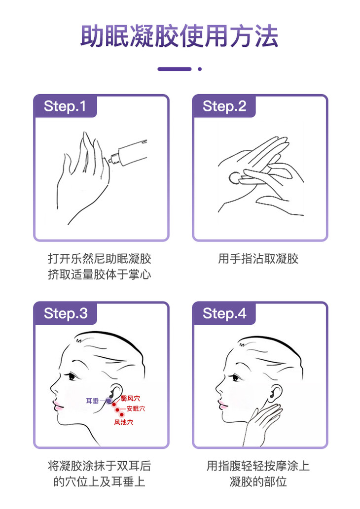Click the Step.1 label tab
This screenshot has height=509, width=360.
pyautogui.click(x=65, y=106)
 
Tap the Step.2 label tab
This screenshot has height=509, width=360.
pyautogui.click(x=224, y=106)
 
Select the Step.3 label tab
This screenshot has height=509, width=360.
pyautogui.click(x=65, y=313)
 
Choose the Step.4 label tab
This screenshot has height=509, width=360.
pyautogui.click(x=224, y=313)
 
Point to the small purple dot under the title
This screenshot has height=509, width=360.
pyautogui.click(x=200, y=69)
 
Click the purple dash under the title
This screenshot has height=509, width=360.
pyautogui.click(x=175, y=69)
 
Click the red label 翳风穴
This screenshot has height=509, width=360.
pyautogui.click(x=130, y=398)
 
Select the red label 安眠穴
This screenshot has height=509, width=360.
pyautogui.click(x=136, y=408)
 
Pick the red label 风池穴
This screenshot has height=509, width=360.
pyautogui.click(x=123, y=422)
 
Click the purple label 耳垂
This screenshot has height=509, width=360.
pyautogui.click(x=92, y=401)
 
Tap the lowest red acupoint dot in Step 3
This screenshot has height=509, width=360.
pyautogui.click(x=121, y=414)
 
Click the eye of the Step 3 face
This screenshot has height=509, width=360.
pyautogui.click(x=72, y=376)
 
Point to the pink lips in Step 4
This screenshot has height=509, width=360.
pyautogui.click(x=223, y=405)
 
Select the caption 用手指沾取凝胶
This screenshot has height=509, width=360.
pyautogui.click(x=258, y=259)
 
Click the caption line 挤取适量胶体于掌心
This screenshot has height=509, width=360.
pyautogui.click(x=100, y=274)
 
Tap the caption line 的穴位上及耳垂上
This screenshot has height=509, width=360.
pyautogui.click(x=100, y=481)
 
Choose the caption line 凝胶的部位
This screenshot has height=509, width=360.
pyautogui.click(x=258, y=481)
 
